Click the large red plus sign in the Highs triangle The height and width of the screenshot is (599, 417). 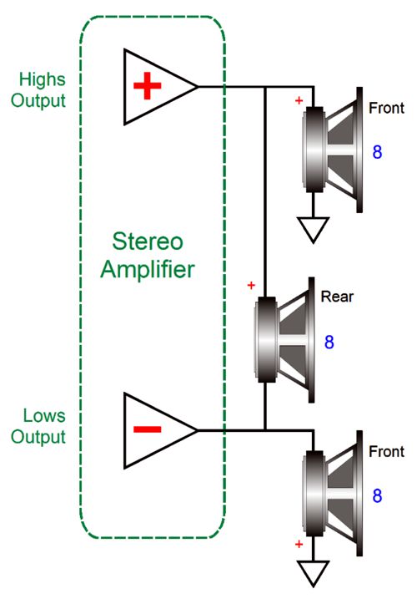pos(148,85)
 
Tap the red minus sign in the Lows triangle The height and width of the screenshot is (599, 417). pos(148,429)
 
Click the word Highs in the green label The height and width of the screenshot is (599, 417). pos(43,80)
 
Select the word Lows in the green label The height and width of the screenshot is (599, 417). pos(44,416)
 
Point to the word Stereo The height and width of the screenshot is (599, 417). pos(148,241)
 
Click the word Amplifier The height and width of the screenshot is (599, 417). pos(148,269)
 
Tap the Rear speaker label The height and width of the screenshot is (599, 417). pos(337,297)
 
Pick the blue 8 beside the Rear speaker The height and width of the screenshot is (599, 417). pos(329,342)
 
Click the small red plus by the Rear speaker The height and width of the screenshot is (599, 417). pos(251,285)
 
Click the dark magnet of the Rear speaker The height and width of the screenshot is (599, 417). pos(266,340)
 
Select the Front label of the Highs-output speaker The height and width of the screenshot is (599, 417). pos(386,108)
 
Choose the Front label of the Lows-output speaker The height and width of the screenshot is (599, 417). pos(386,452)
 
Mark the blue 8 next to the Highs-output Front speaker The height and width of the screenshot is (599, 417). pos(377,152)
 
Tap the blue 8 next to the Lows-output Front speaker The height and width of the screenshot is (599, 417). pos(377,496)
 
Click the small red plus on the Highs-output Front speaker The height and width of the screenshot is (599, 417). pos(299,100)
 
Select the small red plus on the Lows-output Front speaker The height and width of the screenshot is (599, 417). pos(299,544)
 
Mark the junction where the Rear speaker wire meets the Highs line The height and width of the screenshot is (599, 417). pos(265,87)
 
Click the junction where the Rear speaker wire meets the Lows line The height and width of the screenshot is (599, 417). pos(265,430)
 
